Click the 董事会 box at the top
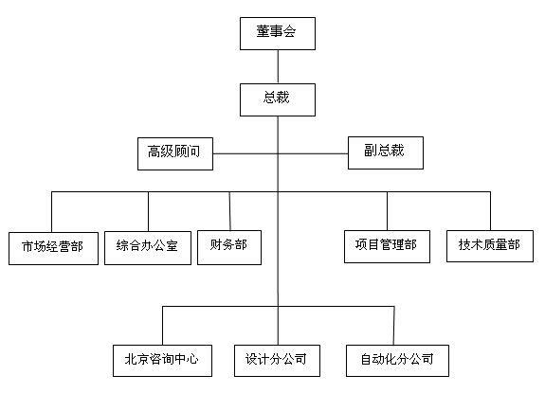(x=277, y=33)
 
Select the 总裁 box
(x=277, y=98)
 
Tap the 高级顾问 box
(x=173, y=152)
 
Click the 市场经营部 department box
(x=52, y=247)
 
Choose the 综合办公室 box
(x=148, y=247)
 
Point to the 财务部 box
(x=229, y=245)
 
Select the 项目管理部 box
(x=386, y=245)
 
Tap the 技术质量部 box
(x=489, y=245)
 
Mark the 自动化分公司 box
(x=396, y=360)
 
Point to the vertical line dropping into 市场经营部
(x=52, y=210)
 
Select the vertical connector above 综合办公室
(x=148, y=210)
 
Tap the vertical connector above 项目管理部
(x=387, y=209)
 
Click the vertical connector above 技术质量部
(x=490, y=209)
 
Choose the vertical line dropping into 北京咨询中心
(x=163, y=324)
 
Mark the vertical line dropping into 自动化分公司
(x=396, y=324)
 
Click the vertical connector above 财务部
(x=230, y=209)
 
